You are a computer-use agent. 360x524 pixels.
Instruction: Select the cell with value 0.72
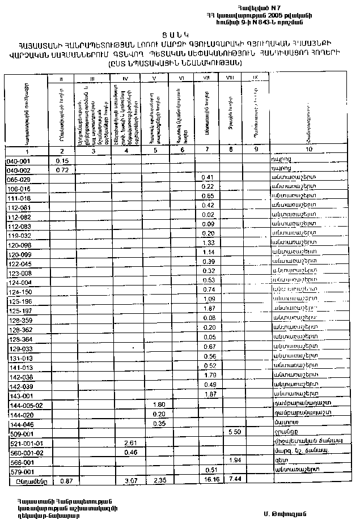pos(62,170)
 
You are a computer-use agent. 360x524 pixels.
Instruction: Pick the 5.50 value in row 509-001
pos(231,432)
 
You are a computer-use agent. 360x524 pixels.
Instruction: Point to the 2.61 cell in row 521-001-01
pos(130,442)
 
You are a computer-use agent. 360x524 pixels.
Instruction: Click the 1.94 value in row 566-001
pos(231,461)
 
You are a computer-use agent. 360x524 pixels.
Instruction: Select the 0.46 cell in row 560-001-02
pos(130,451)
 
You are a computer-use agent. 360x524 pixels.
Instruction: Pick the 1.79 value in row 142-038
pos(207,375)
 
